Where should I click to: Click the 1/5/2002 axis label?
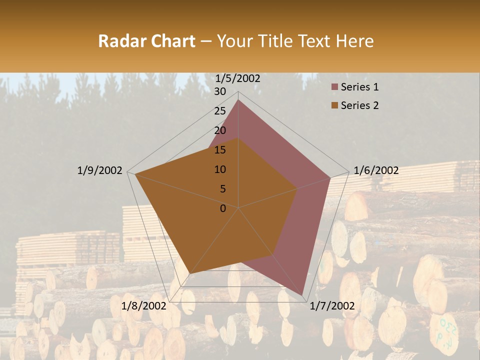[237, 78]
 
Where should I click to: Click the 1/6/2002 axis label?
[376, 170]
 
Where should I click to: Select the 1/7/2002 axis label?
[332, 306]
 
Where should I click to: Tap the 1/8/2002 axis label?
[143, 306]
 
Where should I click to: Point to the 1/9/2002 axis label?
[99, 170]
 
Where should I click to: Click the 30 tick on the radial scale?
[220, 91]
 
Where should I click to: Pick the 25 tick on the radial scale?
[220, 111]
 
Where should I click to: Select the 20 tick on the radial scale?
[220, 130]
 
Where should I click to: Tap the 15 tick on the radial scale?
[220, 150]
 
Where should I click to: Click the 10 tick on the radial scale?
[220, 169]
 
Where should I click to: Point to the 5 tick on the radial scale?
[222, 189]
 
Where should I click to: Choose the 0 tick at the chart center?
[223, 208]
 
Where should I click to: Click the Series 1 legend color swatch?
[334, 87]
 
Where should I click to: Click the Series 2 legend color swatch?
[334, 105]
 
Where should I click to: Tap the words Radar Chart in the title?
[146, 41]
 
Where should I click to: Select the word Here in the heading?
[355, 41]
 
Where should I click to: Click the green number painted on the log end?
[443, 329]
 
